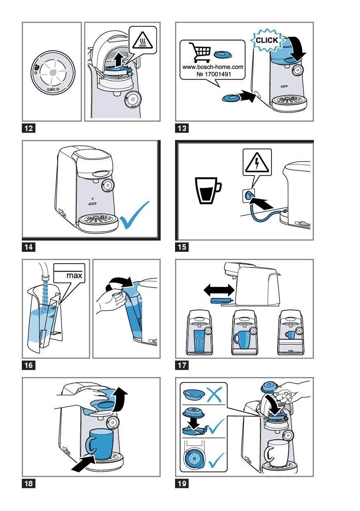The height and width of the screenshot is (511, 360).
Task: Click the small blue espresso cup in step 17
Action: pos(290,335)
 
